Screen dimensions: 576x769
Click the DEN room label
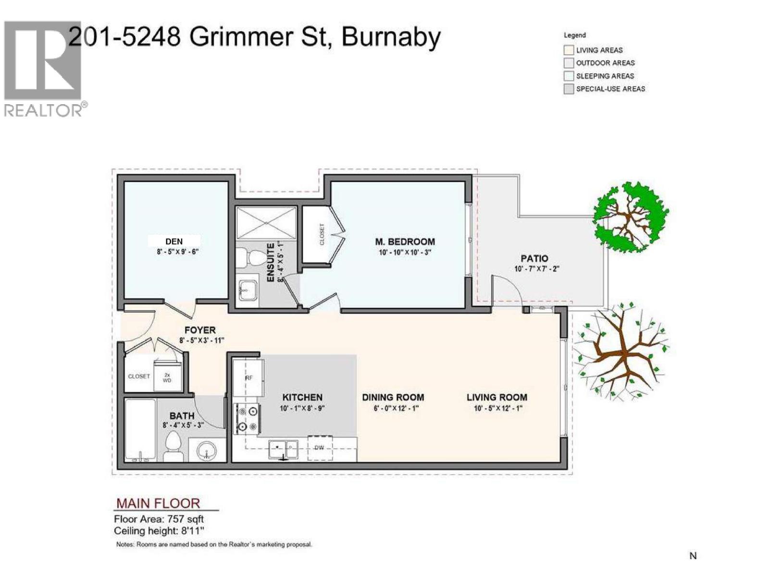pos(174,241)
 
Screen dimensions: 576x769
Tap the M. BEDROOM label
pos(405,241)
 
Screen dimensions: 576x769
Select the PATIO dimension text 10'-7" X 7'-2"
pos(536,269)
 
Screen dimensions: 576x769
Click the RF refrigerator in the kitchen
pos(248,377)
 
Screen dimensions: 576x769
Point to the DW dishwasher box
pos(320,447)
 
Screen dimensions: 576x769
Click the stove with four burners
pos(248,419)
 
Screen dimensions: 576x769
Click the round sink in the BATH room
pos(207,450)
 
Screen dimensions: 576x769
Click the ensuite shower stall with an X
pos(266,223)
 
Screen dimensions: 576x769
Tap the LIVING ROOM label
pos(496,397)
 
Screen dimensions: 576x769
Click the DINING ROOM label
pos(393,397)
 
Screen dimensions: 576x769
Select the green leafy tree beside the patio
pos(630,216)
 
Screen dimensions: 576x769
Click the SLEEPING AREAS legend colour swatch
pos(569,76)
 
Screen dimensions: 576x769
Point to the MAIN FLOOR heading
pos(158,503)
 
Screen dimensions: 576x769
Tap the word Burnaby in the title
pos(390,36)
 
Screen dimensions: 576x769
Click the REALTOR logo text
pos(43,110)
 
